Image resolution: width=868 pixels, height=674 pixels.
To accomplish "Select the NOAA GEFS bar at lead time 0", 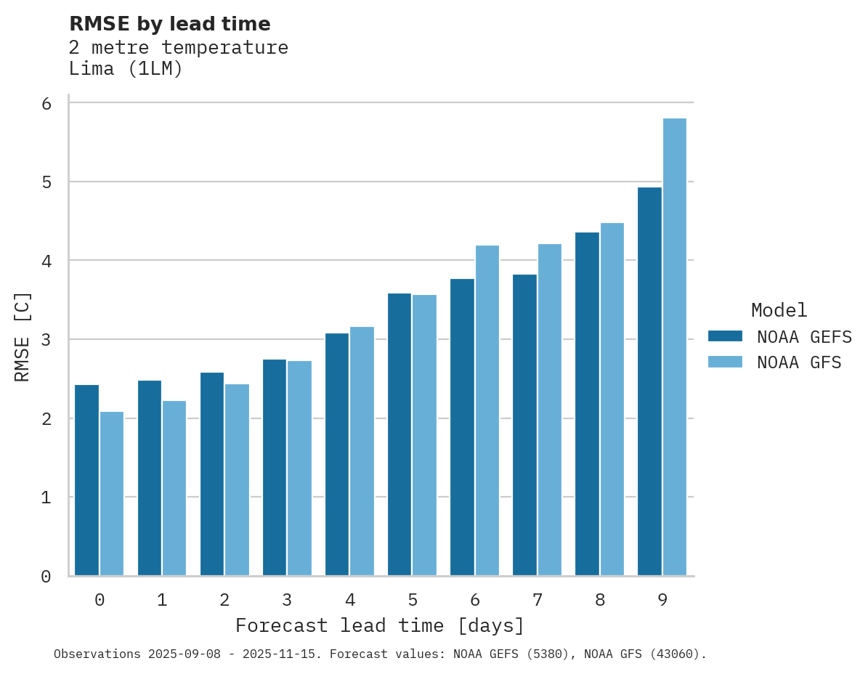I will pyautogui.click(x=86, y=480).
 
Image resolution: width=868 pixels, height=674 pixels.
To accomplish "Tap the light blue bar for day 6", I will pyautogui.click(x=487, y=410).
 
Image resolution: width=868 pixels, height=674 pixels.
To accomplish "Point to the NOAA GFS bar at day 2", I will pyautogui.click(x=237, y=479).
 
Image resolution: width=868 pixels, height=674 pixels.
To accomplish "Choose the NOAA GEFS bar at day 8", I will pyautogui.click(x=587, y=404).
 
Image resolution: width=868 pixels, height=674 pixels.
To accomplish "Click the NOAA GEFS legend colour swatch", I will pyautogui.click(x=725, y=336).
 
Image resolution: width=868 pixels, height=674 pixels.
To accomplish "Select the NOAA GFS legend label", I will pyautogui.click(x=799, y=362).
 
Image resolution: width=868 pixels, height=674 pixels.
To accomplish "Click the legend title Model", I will pyautogui.click(x=779, y=310).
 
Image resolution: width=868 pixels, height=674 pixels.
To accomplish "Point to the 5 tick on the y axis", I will pyautogui.click(x=46, y=182).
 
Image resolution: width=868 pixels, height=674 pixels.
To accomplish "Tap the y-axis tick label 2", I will pyautogui.click(x=46, y=419).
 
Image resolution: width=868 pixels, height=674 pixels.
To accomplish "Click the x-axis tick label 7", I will pyautogui.click(x=538, y=600).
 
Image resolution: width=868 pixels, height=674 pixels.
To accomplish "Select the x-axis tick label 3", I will pyautogui.click(x=287, y=600).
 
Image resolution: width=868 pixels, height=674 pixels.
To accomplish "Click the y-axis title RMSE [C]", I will pyautogui.click(x=23, y=336).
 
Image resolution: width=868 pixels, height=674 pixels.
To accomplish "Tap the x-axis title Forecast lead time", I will pyautogui.click(x=379, y=625).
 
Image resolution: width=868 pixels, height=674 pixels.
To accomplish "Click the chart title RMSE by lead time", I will pyautogui.click(x=169, y=24).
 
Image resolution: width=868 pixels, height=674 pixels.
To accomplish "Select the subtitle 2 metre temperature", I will pyautogui.click(x=178, y=48).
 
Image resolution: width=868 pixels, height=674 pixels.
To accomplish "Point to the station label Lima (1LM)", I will pyautogui.click(x=126, y=69).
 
